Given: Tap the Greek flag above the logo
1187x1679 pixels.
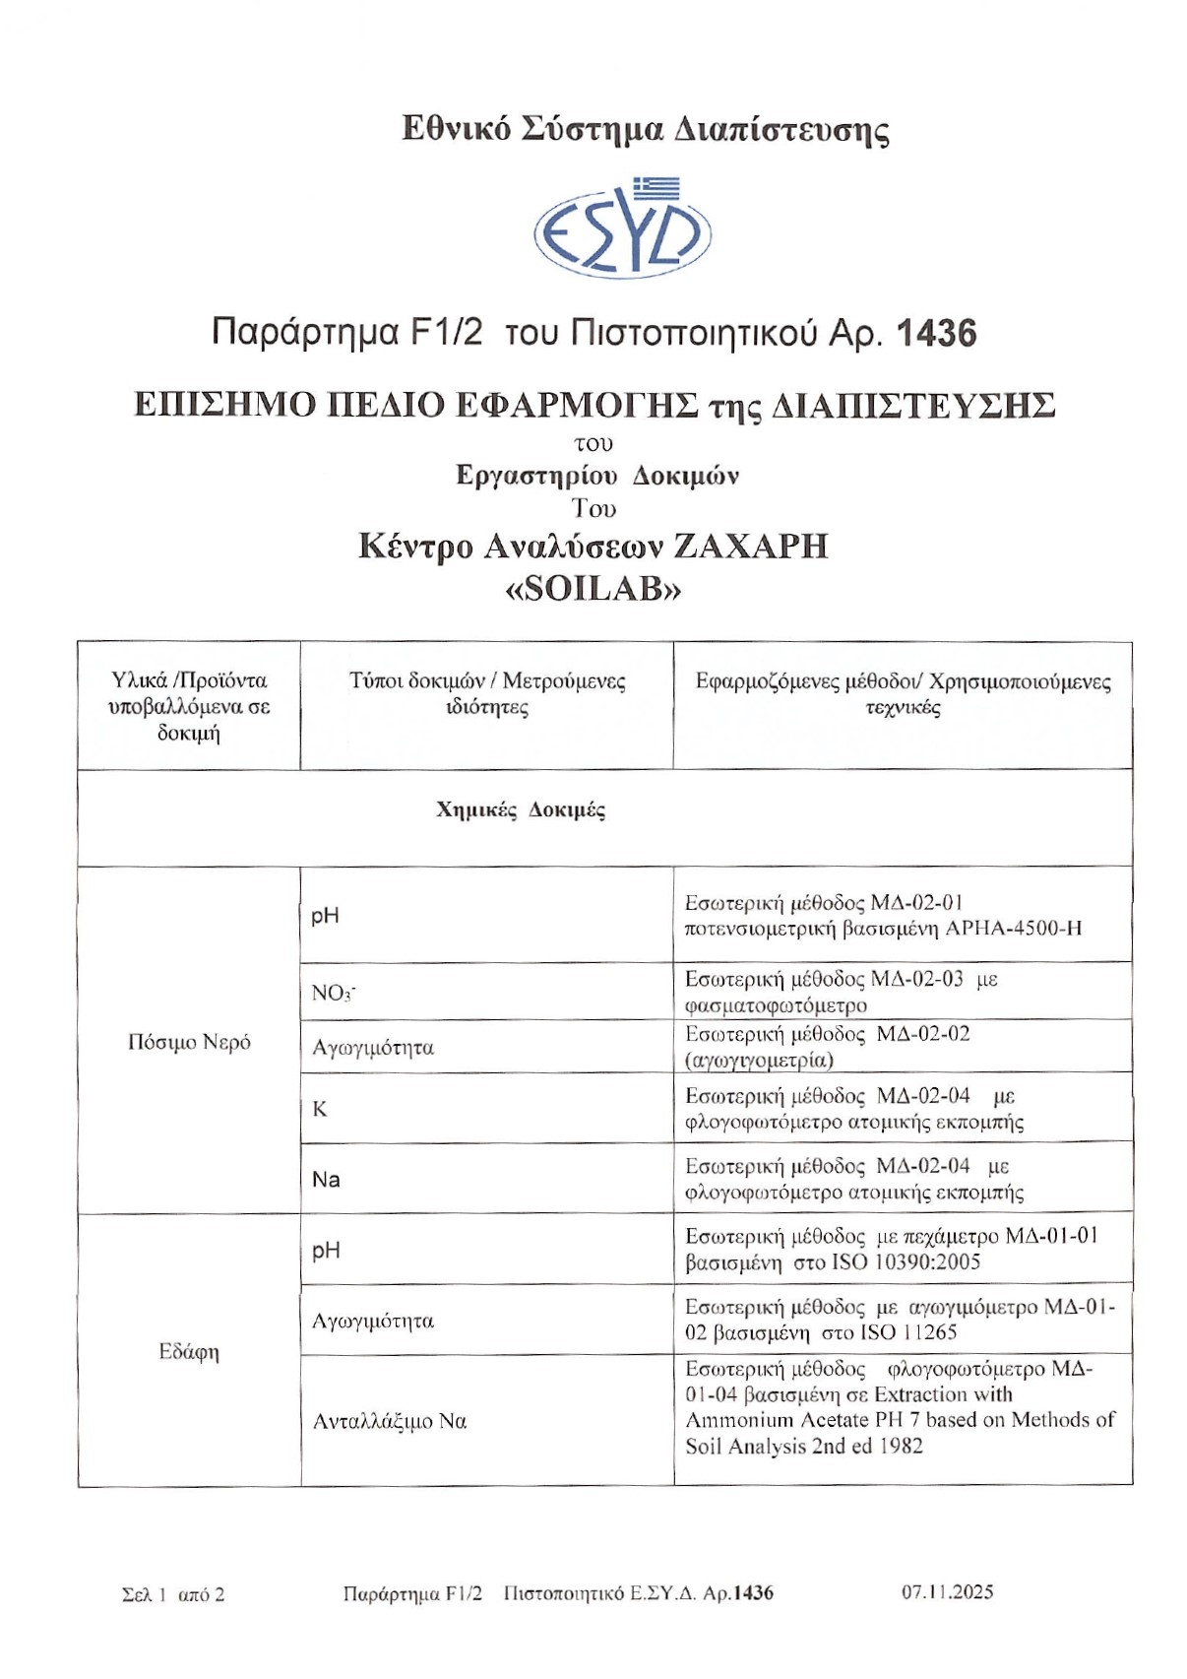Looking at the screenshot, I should tap(656, 187).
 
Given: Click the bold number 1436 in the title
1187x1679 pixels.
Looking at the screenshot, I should tap(936, 334).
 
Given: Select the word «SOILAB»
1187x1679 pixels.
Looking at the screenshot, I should tap(593, 589).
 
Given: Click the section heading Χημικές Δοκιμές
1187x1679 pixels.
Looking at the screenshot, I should tap(521, 810).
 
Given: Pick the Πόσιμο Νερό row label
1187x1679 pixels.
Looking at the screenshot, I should tap(189, 1042).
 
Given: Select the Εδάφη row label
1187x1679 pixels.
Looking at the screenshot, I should tap(189, 1351).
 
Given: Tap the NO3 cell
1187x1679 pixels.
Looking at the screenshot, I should tap(334, 993).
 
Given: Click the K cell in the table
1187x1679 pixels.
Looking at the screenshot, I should tap(320, 1109).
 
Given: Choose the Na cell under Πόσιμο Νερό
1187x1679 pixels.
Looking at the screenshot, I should tap(326, 1180).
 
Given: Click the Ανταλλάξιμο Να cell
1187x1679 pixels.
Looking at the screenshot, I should tap(390, 1421).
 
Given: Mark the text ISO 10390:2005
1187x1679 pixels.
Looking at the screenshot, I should tap(906, 1262).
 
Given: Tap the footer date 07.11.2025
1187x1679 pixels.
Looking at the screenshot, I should tap(947, 1592).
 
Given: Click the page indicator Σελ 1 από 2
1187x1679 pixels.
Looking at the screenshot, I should tap(173, 1594).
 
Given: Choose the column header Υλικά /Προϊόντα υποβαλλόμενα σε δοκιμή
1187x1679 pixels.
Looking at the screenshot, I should tap(189, 706).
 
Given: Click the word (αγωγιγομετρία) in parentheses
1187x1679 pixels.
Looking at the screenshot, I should tap(759, 1061).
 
